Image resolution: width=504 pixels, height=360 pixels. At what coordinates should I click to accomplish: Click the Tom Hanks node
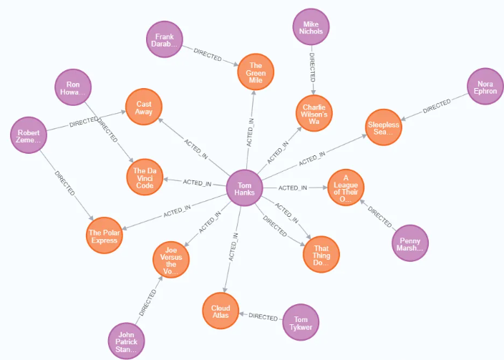pos(246,188)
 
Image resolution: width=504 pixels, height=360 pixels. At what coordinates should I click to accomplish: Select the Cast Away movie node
pos(144,107)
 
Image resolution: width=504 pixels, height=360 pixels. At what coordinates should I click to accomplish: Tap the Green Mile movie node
pos(256,72)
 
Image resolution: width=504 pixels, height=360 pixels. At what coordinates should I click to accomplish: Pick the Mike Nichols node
pos(312,27)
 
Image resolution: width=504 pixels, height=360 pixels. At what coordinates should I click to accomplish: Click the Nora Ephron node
pos(485,87)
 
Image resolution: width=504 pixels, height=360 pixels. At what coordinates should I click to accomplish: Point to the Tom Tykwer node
pos(301,323)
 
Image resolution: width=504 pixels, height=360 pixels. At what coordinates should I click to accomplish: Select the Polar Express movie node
pos(103,232)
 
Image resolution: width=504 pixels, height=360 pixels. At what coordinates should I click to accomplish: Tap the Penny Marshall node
pos(411,243)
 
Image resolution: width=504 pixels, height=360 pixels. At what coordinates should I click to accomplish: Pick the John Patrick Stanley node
pos(126,341)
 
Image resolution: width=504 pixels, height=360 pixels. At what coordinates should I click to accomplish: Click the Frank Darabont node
pos(165,39)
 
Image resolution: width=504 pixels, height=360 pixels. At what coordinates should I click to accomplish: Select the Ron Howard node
pos(74,88)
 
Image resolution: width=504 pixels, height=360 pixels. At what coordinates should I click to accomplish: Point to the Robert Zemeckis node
pos(29,136)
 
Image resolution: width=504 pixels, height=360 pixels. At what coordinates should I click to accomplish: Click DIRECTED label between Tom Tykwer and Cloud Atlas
pos(262,316)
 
